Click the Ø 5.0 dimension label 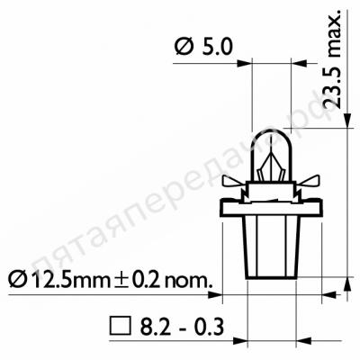204,48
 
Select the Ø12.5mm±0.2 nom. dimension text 110,279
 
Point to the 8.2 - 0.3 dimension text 182,327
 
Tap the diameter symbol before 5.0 184,48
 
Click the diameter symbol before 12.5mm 17,279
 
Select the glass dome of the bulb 272,155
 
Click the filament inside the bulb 272,166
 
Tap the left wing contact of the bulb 233,181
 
